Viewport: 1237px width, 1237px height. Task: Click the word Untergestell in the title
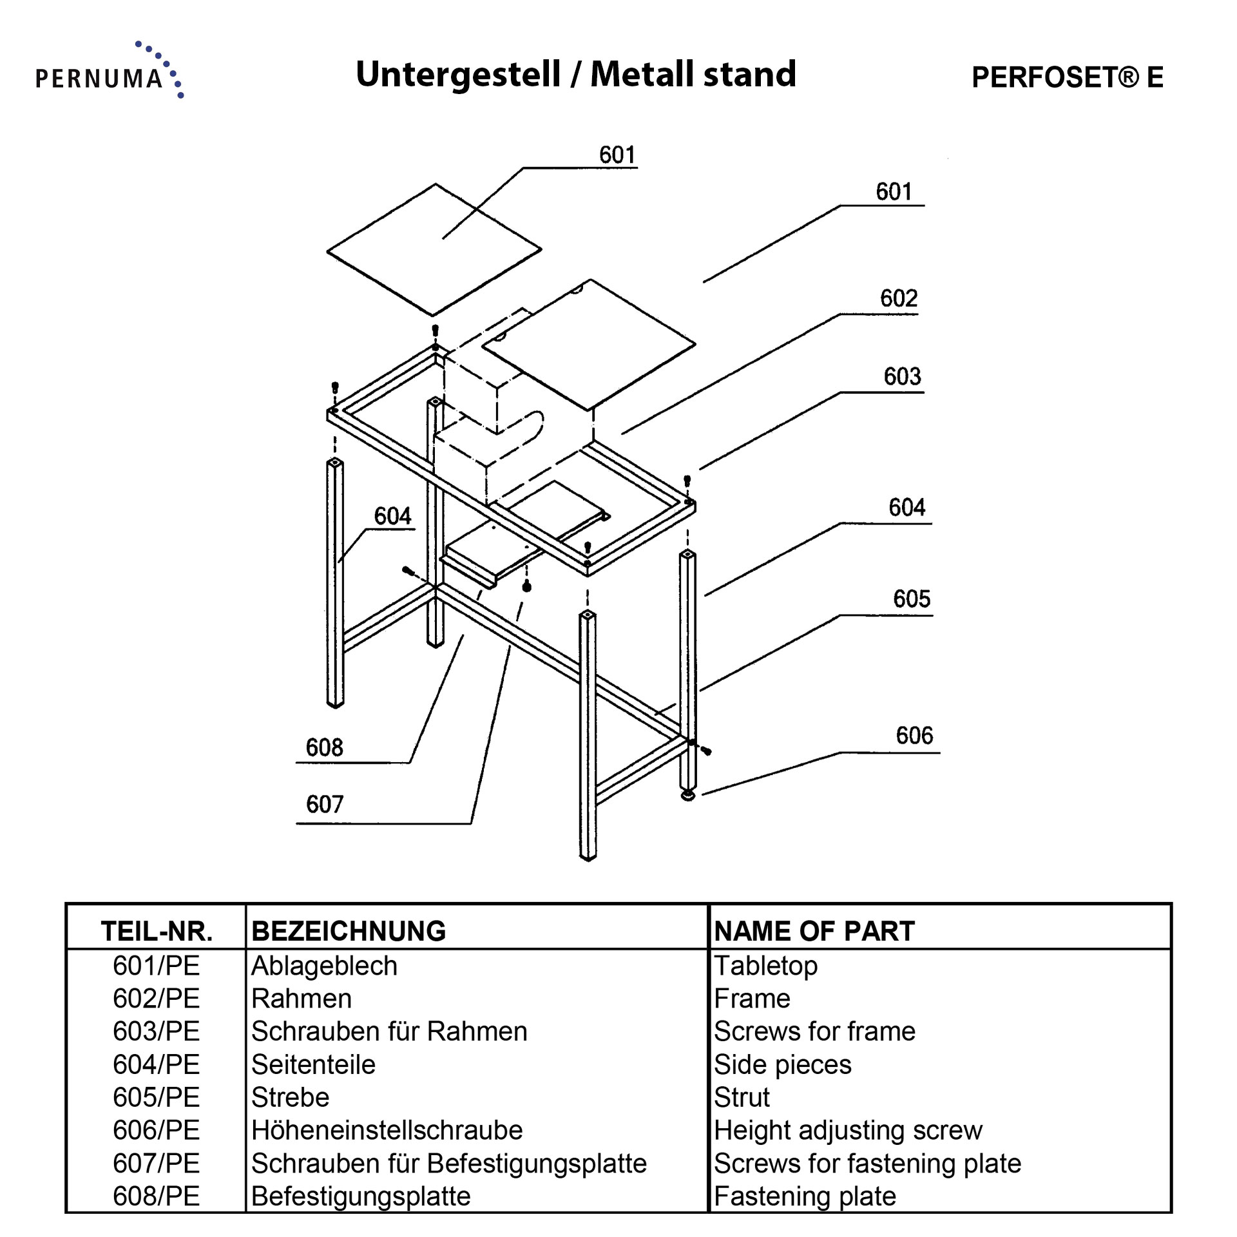458,75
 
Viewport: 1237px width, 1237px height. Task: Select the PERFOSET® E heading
1067,77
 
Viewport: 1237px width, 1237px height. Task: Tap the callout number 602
898,298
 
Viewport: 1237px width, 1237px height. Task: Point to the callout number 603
902,376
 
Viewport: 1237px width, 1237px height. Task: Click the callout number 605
911,599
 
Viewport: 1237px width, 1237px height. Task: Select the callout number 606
914,736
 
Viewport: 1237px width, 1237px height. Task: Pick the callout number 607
325,804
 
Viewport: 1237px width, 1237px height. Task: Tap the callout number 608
324,747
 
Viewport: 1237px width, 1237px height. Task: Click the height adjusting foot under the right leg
689,796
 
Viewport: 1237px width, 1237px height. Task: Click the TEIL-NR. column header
157,931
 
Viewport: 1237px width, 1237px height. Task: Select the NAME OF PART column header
814,931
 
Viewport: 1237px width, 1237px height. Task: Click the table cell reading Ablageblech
324,966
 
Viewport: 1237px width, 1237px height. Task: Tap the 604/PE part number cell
157,1064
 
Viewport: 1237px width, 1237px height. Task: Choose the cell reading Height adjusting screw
848,1130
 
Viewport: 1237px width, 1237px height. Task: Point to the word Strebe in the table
290,1097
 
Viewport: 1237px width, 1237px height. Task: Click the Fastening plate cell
805,1196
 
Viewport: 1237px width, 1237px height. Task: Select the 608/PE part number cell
157,1196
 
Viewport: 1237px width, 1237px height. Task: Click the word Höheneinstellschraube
387,1130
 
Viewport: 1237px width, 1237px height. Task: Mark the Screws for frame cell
814,1031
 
